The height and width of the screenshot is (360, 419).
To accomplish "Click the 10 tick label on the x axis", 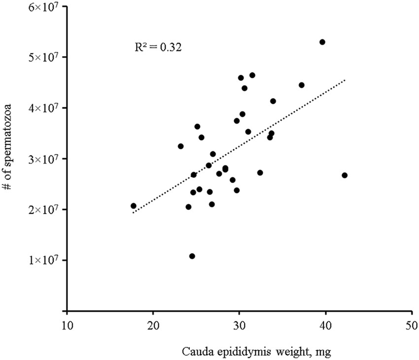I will point(67,326).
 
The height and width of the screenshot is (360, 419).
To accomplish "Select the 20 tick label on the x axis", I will point(153,326).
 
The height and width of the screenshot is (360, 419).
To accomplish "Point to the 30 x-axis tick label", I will point(240,326).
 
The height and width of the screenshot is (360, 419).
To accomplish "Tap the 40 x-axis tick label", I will point(325,326).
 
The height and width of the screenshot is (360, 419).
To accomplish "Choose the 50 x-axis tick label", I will point(412,326).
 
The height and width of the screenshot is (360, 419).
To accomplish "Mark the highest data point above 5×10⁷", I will point(322,42).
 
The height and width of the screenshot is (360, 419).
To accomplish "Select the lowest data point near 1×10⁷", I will point(192,256).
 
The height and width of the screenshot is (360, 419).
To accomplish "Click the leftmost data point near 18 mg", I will point(134,206).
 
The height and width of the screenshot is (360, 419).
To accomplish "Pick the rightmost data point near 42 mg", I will point(345,175).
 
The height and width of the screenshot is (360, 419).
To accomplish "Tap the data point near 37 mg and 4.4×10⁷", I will point(302,85).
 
